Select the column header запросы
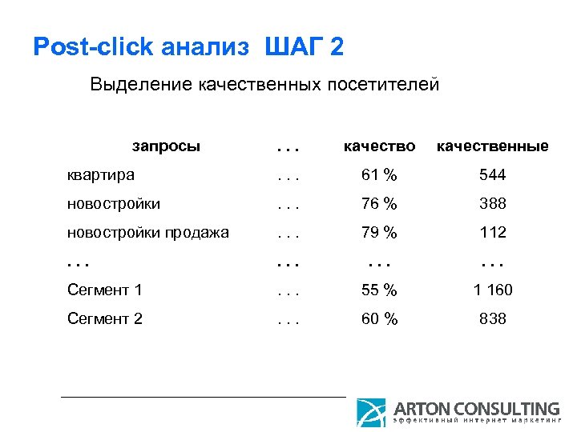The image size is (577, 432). tap(166, 146)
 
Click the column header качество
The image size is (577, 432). tap(379, 146)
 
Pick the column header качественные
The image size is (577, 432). tap(492, 146)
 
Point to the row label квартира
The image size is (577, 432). tap(100, 175)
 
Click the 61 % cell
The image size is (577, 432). tap(379, 175)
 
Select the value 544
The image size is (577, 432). tap(492, 175)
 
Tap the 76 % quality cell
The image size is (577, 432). tap(379, 204)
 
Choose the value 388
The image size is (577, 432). tap(492, 204)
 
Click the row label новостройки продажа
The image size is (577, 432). tap(148, 233)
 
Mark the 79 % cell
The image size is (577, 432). tap(379, 233)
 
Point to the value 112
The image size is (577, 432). tap(492, 233)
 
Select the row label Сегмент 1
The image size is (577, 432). tap(105, 290)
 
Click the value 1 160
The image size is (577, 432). tap(492, 290)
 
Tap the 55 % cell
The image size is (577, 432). tap(379, 290)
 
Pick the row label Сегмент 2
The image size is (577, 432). tap(105, 319)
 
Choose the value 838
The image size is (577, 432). tap(492, 319)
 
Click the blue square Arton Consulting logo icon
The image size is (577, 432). tap(371, 412)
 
